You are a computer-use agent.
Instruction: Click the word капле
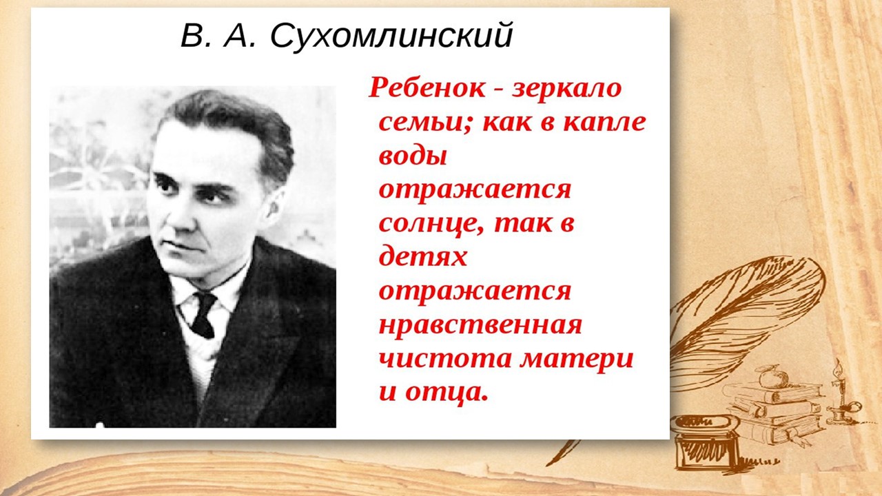604,122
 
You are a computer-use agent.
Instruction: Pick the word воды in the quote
413,156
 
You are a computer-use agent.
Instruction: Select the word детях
423,257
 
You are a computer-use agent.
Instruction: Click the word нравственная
480,326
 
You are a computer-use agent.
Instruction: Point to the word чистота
445,359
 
